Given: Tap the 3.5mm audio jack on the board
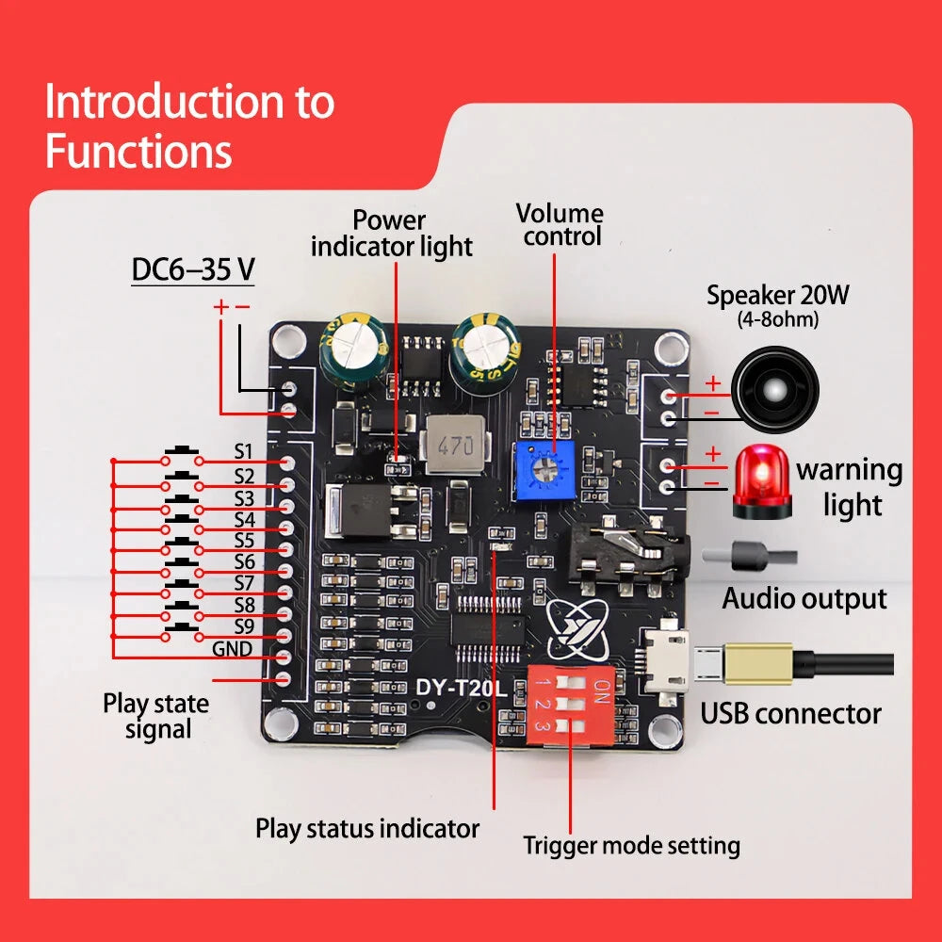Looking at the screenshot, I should (627, 561).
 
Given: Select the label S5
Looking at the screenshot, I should (245, 541).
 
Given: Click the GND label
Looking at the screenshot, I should (232, 649).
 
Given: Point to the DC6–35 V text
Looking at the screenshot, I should (193, 270).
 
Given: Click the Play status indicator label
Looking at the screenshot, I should (367, 829).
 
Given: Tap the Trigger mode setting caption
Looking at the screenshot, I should (632, 845).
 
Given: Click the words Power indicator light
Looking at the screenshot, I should (391, 234).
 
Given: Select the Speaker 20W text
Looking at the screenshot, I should (778, 296).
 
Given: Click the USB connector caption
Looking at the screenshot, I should (790, 713).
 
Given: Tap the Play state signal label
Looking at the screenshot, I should (156, 716).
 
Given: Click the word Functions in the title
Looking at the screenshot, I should (138, 151).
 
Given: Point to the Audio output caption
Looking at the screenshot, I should (804, 598).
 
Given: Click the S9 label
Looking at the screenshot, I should (245, 626).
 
